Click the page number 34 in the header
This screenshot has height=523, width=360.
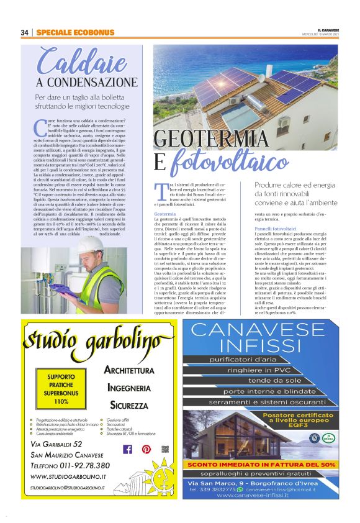[x=25, y=32]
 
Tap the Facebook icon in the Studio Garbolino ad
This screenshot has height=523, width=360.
[x=128, y=449]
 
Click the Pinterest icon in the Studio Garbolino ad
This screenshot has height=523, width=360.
[x=146, y=449]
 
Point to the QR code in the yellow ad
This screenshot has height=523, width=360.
[x=165, y=448]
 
